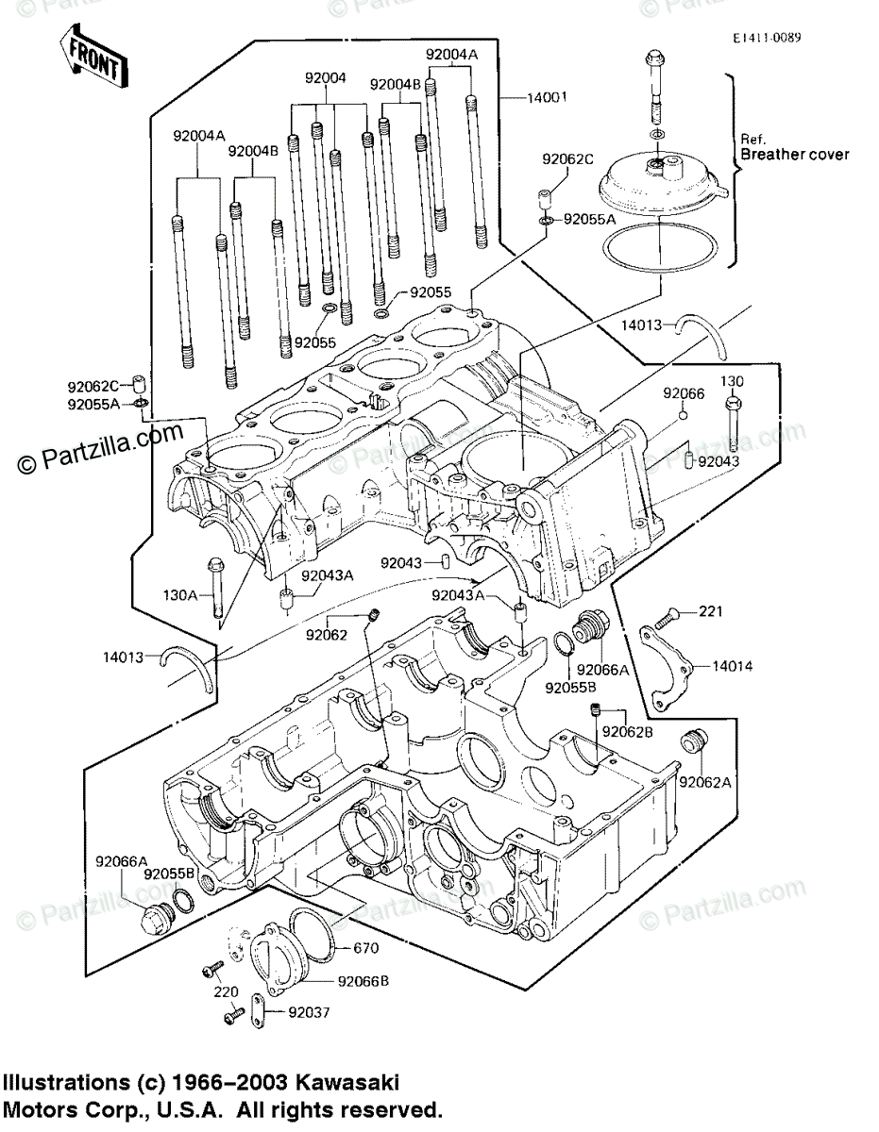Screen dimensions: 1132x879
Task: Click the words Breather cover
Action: tap(794, 154)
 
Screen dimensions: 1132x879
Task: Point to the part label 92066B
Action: tap(365, 981)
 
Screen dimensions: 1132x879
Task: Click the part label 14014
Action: tap(733, 666)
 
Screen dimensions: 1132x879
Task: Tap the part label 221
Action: tap(710, 612)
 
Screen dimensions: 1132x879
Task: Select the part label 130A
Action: tap(179, 596)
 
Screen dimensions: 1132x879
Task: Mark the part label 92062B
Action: tap(626, 731)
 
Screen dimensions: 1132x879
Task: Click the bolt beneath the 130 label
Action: tap(733, 424)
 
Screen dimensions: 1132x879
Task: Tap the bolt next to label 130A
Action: tap(215, 591)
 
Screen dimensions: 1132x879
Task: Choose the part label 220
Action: tap(224, 992)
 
